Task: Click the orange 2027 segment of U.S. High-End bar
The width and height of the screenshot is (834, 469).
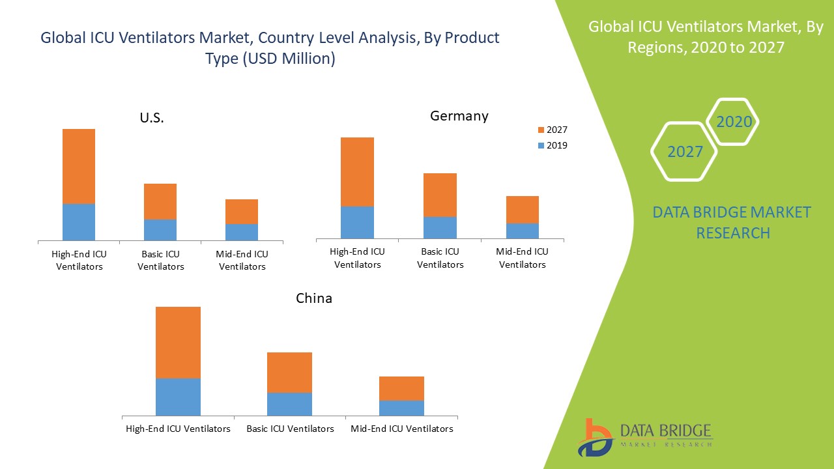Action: tap(79, 166)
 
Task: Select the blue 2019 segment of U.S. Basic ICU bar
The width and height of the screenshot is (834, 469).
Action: tap(160, 230)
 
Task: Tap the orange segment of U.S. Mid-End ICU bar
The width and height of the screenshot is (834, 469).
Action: tap(242, 212)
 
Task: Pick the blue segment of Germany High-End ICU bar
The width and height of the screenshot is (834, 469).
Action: tap(357, 222)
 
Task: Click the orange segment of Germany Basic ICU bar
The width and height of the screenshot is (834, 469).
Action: tap(440, 195)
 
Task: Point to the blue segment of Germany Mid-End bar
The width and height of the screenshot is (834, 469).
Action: tap(523, 231)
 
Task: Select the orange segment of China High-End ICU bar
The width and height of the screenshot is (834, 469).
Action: tap(178, 342)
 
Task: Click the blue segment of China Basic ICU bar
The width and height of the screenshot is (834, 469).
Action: tap(289, 404)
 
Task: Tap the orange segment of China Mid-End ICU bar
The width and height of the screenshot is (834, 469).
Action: tap(401, 388)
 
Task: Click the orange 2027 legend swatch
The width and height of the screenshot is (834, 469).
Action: tap(541, 130)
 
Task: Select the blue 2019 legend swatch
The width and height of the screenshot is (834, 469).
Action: tap(541, 146)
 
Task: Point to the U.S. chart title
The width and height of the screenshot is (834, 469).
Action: tap(152, 119)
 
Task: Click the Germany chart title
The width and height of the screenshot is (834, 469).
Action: tap(459, 116)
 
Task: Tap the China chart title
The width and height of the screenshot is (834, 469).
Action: tap(314, 298)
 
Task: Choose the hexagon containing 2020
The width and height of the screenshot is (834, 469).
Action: tap(734, 122)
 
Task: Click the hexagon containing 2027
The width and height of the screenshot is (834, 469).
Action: tap(685, 152)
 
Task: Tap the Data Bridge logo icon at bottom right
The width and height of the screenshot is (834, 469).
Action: tap(595, 437)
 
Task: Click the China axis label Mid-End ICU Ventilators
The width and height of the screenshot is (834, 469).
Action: tap(401, 429)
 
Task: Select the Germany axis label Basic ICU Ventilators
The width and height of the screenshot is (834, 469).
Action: tap(440, 258)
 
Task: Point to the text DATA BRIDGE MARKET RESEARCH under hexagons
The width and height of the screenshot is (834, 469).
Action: tap(732, 222)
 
